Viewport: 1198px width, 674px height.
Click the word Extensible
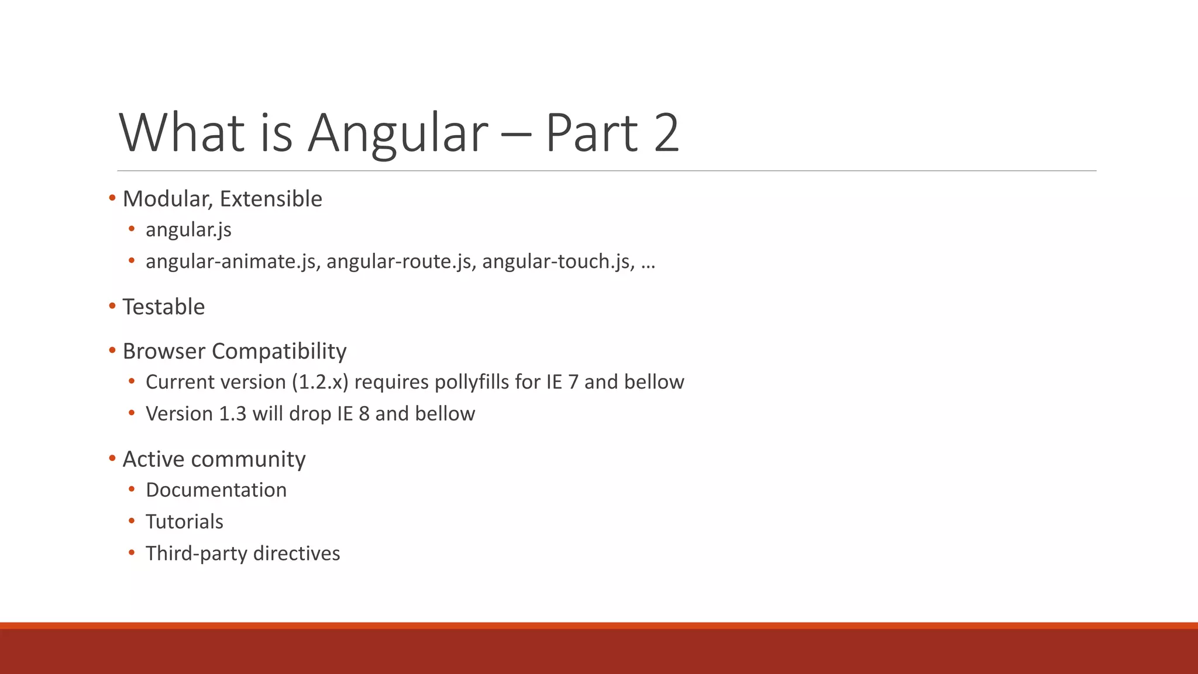click(x=271, y=200)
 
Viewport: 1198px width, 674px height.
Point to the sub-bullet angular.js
click(x=188, y=230)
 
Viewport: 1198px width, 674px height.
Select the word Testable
click(x=164, y=307)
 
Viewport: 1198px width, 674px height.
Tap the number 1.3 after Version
click(x=232, y=414)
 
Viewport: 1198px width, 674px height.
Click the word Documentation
click(x=216, y=490)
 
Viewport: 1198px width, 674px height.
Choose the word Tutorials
click(x=184, y=522)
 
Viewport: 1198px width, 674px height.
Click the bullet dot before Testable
click(x=112, y=306)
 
